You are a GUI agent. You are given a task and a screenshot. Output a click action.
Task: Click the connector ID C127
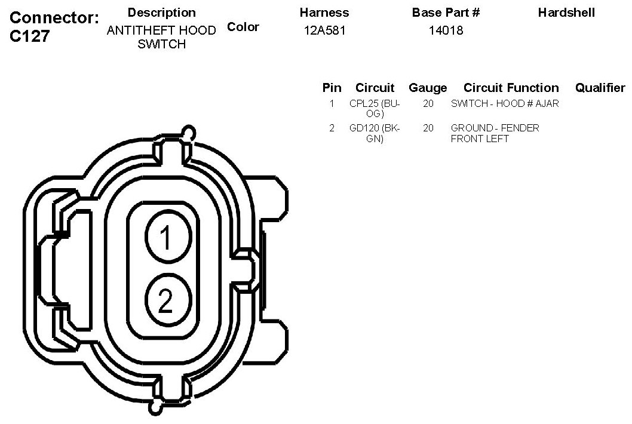click(30, 36)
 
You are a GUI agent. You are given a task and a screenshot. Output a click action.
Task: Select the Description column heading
click(162, 13)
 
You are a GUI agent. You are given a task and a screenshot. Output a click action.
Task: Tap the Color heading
click(243, 27)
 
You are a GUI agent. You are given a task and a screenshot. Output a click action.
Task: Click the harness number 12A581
click(324, 30)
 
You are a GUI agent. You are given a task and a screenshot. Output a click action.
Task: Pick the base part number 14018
click(446, 30)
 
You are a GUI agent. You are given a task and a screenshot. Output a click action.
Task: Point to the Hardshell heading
click(566, 13)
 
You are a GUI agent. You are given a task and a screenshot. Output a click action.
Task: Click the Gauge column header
click(428, 88)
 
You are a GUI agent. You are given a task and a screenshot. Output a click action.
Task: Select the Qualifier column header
click(600, 88)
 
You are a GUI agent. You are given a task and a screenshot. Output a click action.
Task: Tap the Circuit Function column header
click(511, 88)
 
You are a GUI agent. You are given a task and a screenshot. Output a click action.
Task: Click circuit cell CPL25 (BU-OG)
click(375, 109)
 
